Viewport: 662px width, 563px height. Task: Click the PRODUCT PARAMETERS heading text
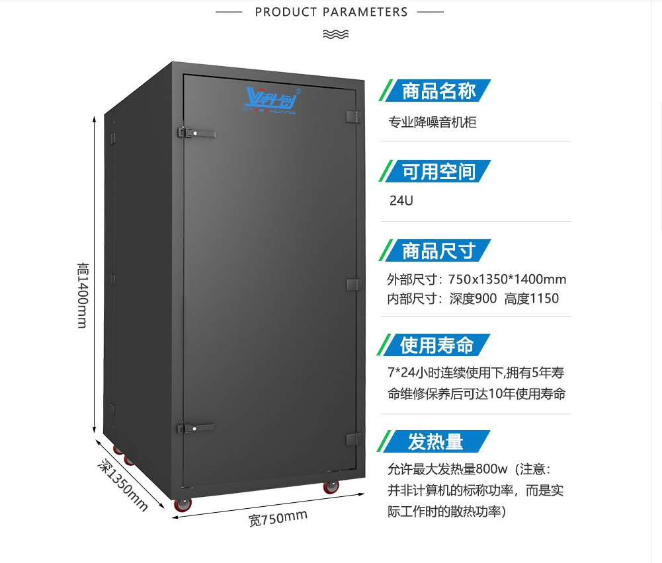(331, 12)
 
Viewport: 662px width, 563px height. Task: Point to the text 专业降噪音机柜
(432, 122)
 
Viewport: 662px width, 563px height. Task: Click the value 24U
(401, 200)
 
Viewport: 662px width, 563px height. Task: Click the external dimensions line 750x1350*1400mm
(476, 280)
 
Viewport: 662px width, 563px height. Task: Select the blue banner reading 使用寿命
(436, 345)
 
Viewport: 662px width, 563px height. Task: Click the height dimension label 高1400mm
(83, 295)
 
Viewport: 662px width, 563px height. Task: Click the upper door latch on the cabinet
(196, 133)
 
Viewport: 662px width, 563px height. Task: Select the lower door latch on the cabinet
(196, 428)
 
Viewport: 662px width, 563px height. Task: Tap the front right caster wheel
(331, 487)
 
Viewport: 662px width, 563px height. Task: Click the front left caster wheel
(183, 504)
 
